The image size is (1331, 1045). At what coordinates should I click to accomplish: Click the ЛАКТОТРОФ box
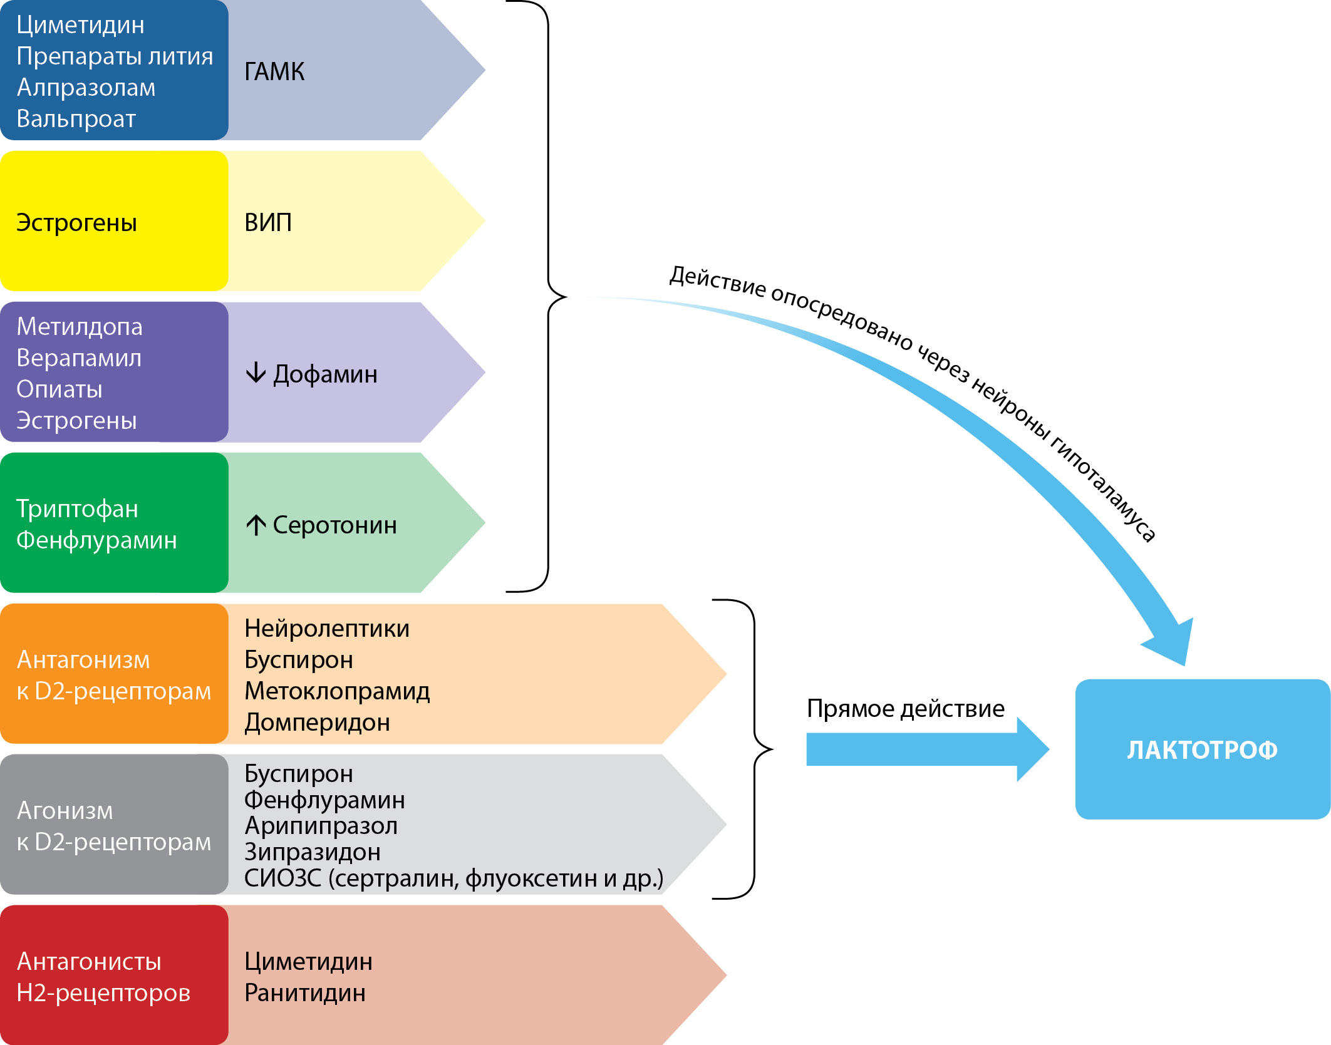pos(1202,749)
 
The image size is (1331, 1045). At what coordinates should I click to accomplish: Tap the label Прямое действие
pos(905,708)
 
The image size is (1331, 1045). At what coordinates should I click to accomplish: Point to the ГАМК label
pos(274,72)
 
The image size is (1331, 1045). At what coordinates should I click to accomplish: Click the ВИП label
pos(268,223)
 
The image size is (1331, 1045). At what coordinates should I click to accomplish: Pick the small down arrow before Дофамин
pos(256,373)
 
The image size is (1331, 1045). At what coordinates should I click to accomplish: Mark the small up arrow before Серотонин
pos(256,525)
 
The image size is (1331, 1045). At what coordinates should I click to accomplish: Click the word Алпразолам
pos(86,88)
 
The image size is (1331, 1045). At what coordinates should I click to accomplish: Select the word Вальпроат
pos(76,119)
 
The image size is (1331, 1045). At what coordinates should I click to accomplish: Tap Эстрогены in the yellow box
pos(76,223)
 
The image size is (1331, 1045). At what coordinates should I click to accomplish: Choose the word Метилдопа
pos(80,327)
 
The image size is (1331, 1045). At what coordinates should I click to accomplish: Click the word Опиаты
pos(60,389)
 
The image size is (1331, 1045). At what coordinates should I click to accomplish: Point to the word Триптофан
pos(77,509)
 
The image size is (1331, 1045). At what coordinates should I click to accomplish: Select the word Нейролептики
pos(326,629)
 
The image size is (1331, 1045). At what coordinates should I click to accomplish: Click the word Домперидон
pos(317,723)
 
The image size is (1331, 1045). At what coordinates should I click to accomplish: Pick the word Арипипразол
pos(321,826)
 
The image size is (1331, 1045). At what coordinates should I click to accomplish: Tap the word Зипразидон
pos(313,852)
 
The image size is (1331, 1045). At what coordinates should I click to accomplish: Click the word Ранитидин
pos(305,993)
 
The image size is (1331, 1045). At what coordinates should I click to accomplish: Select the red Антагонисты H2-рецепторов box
pos(114,975)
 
